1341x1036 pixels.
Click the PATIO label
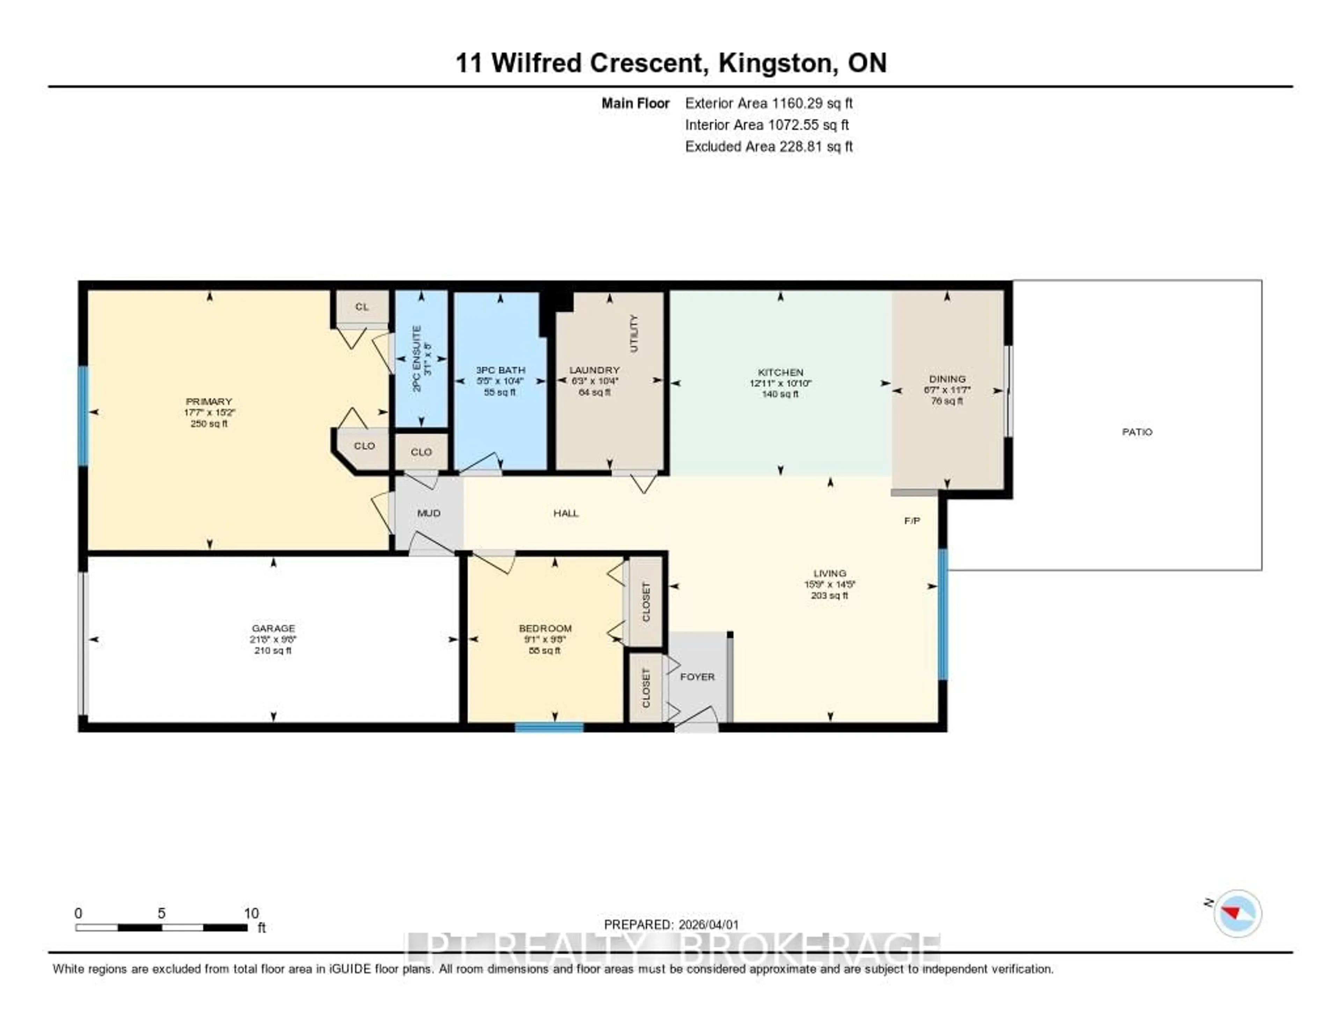pos(1137,432)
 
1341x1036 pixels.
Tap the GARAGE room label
pos(273,628)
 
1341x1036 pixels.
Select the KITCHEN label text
pos(781,372)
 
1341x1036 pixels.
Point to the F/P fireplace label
pos(912,521)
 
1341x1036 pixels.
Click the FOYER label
pos(697,677)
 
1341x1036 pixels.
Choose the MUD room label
pos(428,513)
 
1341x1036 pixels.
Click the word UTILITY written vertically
pos(634,334)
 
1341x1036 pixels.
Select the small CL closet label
pos(362,306)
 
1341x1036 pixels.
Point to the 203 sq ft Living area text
pos(829,596)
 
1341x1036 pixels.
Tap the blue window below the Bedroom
pos(549,728)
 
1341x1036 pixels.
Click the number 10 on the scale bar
pos(251,913)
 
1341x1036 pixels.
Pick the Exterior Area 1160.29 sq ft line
pos(769,103)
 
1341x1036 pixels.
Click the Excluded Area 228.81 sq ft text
pos(769,146)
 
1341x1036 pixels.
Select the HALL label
pos(565,513)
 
